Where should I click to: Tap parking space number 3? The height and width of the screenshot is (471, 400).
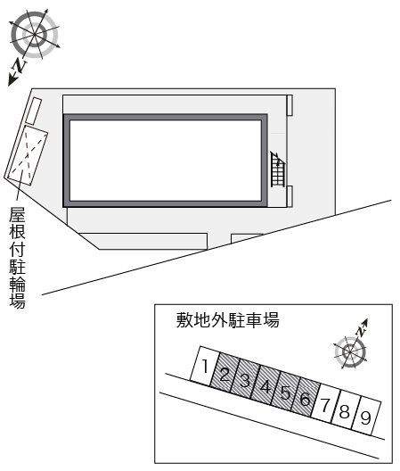[x=245, y=381]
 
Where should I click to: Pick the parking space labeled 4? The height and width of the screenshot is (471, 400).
[x=265, y=387]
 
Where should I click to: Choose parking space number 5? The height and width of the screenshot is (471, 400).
[x=285, y=393]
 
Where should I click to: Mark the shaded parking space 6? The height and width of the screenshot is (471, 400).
[x=305, y=400]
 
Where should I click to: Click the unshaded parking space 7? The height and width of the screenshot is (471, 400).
[x=325, y=404]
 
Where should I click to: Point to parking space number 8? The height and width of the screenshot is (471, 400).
[x=345, y=410]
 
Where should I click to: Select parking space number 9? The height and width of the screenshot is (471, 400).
[x=365, y=416]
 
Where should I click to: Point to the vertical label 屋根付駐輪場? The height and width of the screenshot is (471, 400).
[x=17, y=258]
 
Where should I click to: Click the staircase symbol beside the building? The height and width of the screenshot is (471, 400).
[x=279, y=169]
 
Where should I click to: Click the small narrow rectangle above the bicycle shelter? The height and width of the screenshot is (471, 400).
[x=30, y=110]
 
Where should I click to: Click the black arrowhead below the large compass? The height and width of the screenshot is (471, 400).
[x=12, y=81]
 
